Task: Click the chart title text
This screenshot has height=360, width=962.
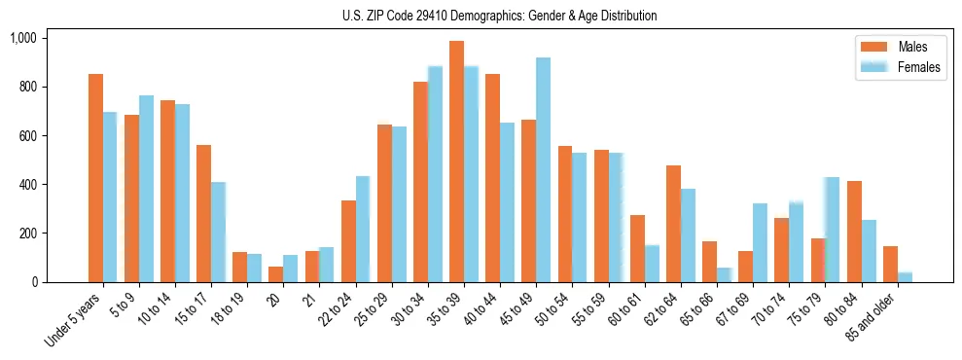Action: click(x=499, y=16)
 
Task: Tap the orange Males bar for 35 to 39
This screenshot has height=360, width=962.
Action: click(x=456, y=162)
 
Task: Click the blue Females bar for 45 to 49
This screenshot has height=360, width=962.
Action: click(x=543, y=170)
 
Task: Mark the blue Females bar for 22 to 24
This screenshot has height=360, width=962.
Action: click(x=363, y=230)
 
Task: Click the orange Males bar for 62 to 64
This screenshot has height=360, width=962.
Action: click(x=673, y=224)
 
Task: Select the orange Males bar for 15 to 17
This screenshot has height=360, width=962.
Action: click(x=203, y=214)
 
